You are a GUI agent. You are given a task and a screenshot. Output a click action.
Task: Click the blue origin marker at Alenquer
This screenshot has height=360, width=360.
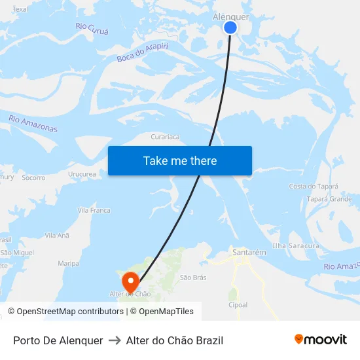(230, 27)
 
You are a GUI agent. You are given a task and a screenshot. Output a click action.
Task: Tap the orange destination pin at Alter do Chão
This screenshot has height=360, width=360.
(131, 281)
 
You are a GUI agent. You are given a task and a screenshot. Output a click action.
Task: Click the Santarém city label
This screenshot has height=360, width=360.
(249, 252)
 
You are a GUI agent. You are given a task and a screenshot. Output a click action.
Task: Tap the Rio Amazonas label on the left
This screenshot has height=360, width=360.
(33, 123)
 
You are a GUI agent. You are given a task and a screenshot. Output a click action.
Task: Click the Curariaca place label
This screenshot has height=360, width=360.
(165, 137)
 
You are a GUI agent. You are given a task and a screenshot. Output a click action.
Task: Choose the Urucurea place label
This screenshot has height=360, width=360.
(82, 175)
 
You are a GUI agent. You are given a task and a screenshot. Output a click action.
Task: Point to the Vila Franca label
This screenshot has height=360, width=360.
(94, 211)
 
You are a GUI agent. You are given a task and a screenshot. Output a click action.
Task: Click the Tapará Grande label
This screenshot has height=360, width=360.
(329, 199)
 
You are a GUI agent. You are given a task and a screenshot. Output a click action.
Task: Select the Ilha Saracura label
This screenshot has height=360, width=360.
(296, 246)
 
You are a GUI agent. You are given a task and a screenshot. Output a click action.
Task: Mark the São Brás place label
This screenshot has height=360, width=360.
(193, 278)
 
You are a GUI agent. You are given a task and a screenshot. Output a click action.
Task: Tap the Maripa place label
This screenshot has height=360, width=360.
(68, 263)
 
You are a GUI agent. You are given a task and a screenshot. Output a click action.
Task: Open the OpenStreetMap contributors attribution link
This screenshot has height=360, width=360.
(69, 312)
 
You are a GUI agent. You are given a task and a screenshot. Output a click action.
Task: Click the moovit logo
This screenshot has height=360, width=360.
(320, 340)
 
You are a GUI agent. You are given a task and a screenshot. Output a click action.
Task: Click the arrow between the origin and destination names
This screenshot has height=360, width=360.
(115, 340)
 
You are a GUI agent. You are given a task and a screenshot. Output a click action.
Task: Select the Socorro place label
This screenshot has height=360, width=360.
(33, 178)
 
